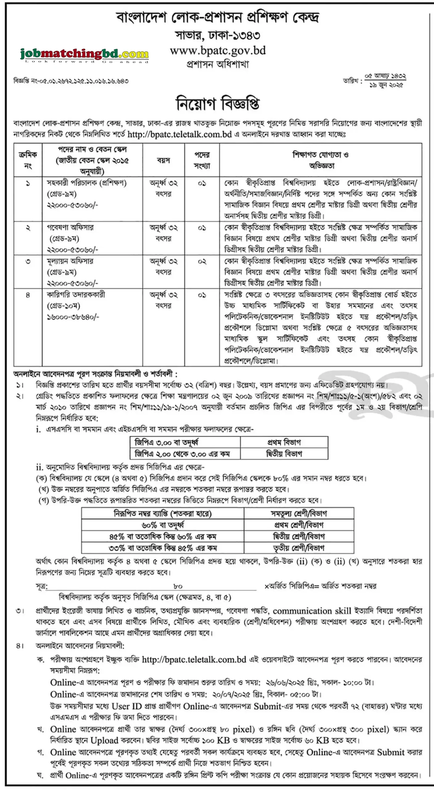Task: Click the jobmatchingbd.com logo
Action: [84, 55]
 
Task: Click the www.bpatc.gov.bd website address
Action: [218, 51]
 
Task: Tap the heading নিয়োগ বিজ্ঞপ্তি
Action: [217, 103]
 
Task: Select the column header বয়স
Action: [163, 160]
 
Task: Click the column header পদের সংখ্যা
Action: [202, 160]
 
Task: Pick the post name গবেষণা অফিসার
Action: [70, 228]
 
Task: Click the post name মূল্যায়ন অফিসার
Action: [70, 261]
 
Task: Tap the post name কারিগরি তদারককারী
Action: [76, 295]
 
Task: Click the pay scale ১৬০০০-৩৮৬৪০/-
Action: [73, 317]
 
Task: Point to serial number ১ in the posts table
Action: [28, 183]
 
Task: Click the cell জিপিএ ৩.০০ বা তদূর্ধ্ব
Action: [166, 443]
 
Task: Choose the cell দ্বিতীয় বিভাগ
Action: [284, 454]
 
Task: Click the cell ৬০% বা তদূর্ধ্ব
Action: [163, 525]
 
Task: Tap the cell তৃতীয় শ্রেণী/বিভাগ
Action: [299, 548]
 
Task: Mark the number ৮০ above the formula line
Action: [178, 586]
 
